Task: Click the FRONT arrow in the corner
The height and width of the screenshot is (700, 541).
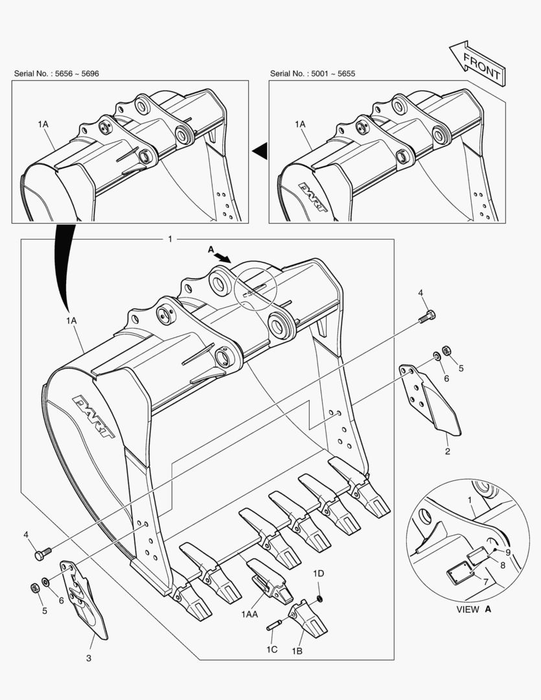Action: click(x=476, y=62)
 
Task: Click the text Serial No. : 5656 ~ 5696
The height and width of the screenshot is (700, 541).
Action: click(x=56, y=74)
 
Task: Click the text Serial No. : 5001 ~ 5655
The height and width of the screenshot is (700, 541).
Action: click(x=312, y=74)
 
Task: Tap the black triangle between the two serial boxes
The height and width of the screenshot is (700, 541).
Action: click(x=260, y=151)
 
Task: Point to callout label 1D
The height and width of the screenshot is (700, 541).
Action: click(x=319, y=574)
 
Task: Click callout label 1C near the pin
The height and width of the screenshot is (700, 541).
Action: click(x=272, y=649)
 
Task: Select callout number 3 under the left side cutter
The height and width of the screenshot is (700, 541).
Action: click(x=89, y=659)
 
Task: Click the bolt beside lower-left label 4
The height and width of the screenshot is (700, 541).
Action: click(x=43, y=555)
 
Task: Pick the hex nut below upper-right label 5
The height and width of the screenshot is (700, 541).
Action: click(x=446, y=351)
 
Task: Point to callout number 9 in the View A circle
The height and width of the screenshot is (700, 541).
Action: click(x=508, y=552)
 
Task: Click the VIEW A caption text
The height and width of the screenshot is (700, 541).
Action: click(x=474, y=609)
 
